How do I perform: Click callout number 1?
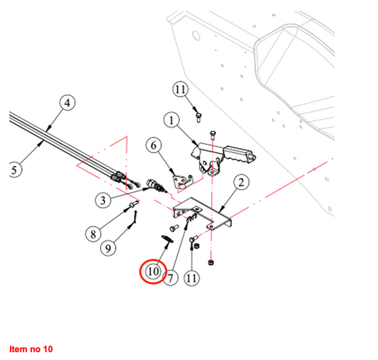(x=172, y=120)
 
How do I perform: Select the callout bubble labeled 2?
(x=241, y=183)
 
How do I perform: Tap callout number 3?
(x=103, y=201)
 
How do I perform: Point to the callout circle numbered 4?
(x=67, y=103)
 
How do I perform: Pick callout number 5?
(x=15, y=170)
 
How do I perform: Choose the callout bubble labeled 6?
(x=154, y=145)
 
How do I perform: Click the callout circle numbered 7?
(x=170, y=278)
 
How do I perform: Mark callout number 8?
(x=94, y=234)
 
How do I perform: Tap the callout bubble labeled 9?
(x=108, y=248)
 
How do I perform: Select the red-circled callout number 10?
(x=153, y=271)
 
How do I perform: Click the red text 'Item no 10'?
(x=31, y=349)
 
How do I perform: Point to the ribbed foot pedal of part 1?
(x=239, y=154)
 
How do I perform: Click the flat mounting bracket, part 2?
(x=204, y=214)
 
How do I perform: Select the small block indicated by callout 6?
(x=183, y=181)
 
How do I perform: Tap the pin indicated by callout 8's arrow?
(x=134, y=204)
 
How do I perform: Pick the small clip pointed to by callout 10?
(x=167, y=239)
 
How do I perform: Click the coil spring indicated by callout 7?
(x=192, y=218)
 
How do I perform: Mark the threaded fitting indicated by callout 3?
(x=156, y=186)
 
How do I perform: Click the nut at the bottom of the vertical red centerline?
(x=211, y=262)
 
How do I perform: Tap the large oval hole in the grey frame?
(x=196, y=35)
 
